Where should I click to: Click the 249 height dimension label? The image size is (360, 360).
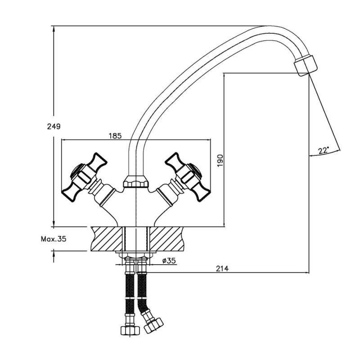coord(54,126)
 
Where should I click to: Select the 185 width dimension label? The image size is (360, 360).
coord(115,136)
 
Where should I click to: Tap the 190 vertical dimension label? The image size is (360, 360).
coord(220,160)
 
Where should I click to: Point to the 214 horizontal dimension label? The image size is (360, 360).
coord(222,268)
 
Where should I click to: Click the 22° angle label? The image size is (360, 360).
coord(324,150)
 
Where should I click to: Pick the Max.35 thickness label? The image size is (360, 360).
coord(54,239)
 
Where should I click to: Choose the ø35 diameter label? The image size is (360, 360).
coord(169,261)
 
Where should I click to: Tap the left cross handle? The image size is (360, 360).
coord(85,177)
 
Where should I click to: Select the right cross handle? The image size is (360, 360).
coord(188,177)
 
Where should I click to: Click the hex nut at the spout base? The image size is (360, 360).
coord(136,181)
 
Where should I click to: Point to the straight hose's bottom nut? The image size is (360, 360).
coord(130,330)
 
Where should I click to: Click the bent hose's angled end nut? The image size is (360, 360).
coord(153,325)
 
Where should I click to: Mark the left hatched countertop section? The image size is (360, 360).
coord(107,238)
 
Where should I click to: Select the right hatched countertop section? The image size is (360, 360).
coord(167,238)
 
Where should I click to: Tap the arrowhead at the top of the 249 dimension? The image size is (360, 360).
coord(54,29)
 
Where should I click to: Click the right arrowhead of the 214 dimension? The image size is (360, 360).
coord(306,273)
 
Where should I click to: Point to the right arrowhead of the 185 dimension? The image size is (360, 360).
coord(207,139)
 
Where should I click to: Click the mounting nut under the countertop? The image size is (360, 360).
coord(136,255)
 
